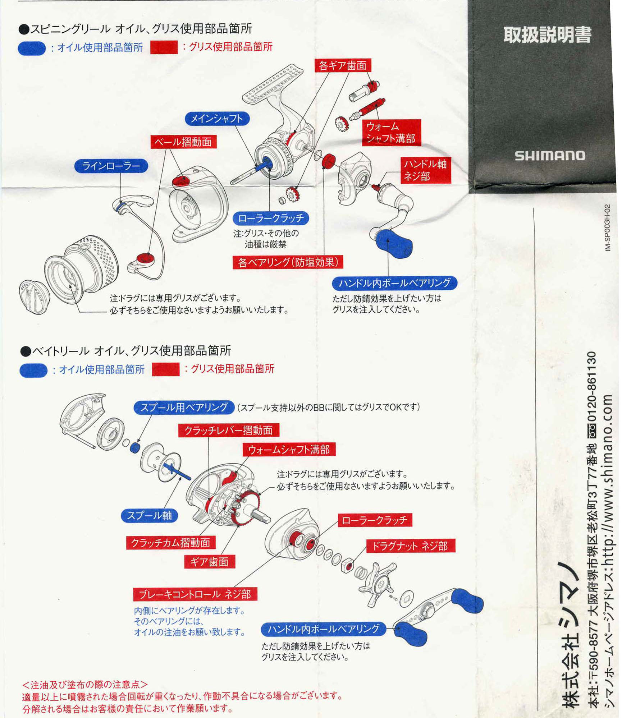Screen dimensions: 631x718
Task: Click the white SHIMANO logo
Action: pyautogui.click(x=550, y=156)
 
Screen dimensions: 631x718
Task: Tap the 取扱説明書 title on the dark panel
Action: pyautogui.click(x=548, y=35)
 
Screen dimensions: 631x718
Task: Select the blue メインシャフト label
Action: pyautogui.click(x=217, y=119)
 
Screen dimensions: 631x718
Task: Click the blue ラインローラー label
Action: pyautogui.click(x=111, y=166)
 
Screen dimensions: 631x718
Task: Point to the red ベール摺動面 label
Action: pyautogui.click(x=183, y=142)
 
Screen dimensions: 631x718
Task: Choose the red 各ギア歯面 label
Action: pyautogui.click(x=343, y=65)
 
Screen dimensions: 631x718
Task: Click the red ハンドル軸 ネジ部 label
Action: pyautogui.click(x=426, y=170)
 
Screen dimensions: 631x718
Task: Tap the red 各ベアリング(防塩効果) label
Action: pyautogui.click(x=288, y=262)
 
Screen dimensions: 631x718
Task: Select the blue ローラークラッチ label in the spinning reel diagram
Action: pyautogui.click(x=271, y=218)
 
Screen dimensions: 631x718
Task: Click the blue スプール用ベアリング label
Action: pyautogui.click(x=184, y=407)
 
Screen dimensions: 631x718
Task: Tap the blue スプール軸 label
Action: pyautogui.click(x=150, y=515)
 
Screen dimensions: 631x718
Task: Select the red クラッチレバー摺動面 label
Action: pyautogui.click(x=229, y=430)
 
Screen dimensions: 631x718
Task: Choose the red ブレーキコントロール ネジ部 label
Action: pyautogui.click(x=195, y=594)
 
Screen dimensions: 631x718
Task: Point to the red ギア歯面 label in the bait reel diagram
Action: pyautogui.click(x=210, y=562)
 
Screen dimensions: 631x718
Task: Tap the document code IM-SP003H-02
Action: pyautogui.click(x=607, y=228)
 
